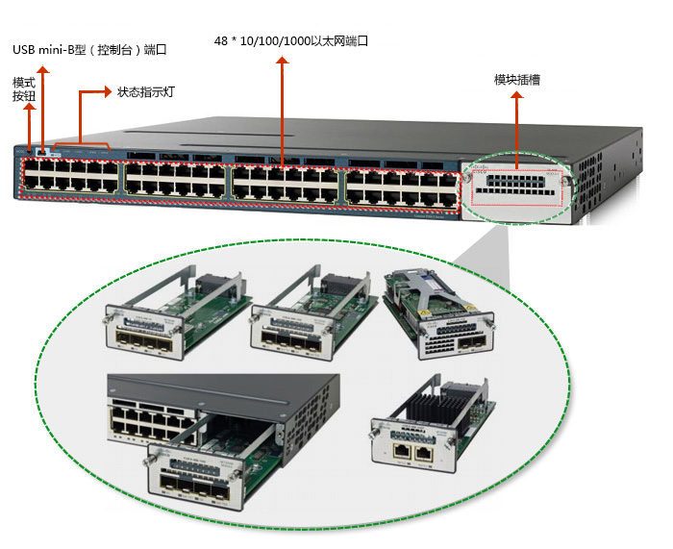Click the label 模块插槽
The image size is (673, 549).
point(516,80)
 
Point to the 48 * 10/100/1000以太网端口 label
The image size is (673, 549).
point(291,41)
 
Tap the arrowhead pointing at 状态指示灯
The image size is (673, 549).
point(107,92)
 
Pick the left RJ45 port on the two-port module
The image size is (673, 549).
point(397,448)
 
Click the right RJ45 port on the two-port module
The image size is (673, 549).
point(419,448)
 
